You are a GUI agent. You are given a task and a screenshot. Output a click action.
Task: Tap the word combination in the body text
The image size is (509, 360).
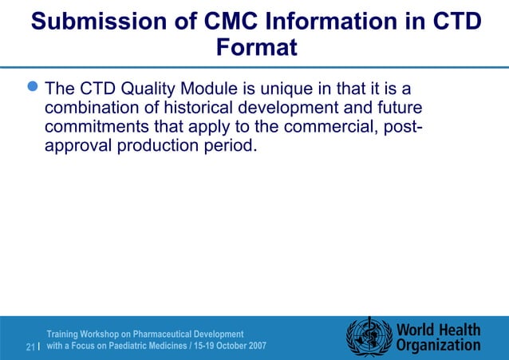click(x=94, y=107)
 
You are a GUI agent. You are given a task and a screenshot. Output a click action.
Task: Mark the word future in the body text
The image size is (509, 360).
click(x=396, y=107)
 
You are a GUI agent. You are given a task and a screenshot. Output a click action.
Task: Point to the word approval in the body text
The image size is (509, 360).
click(x=79, y=147)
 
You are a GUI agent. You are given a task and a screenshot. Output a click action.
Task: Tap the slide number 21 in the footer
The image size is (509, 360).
click(x=30, y=347)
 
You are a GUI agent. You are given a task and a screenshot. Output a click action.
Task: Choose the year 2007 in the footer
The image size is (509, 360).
click(x=253, y=346)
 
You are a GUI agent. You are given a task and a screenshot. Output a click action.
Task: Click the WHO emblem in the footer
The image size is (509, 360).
click(x=369, y=337)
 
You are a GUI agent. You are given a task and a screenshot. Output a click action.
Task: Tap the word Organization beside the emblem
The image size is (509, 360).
click(x=439, y=346)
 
